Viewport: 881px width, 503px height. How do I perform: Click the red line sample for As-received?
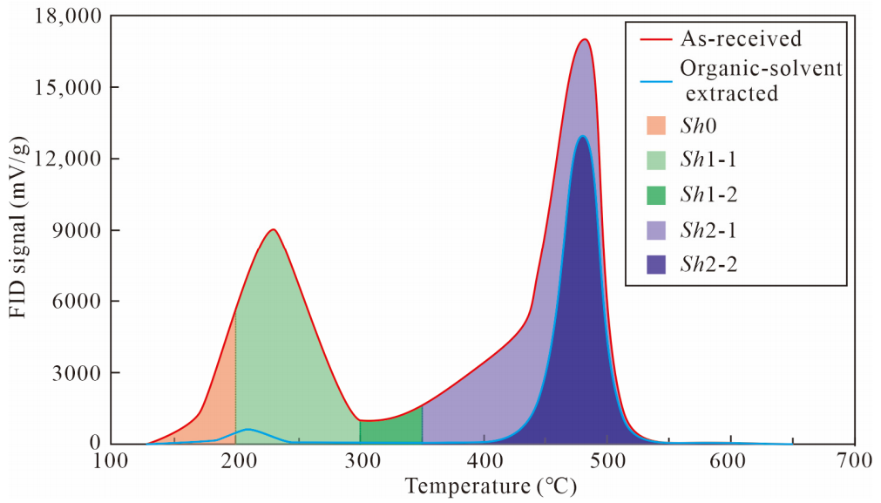coord(655,39)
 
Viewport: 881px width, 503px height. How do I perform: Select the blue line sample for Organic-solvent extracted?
coord(655,82)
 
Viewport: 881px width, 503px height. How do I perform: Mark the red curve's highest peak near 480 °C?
coord(585,39)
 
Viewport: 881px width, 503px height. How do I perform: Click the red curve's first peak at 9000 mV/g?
coord(274,229)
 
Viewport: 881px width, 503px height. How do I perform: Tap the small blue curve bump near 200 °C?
coord(248,430)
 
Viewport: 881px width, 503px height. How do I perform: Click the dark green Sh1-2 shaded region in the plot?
coord(390,429)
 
